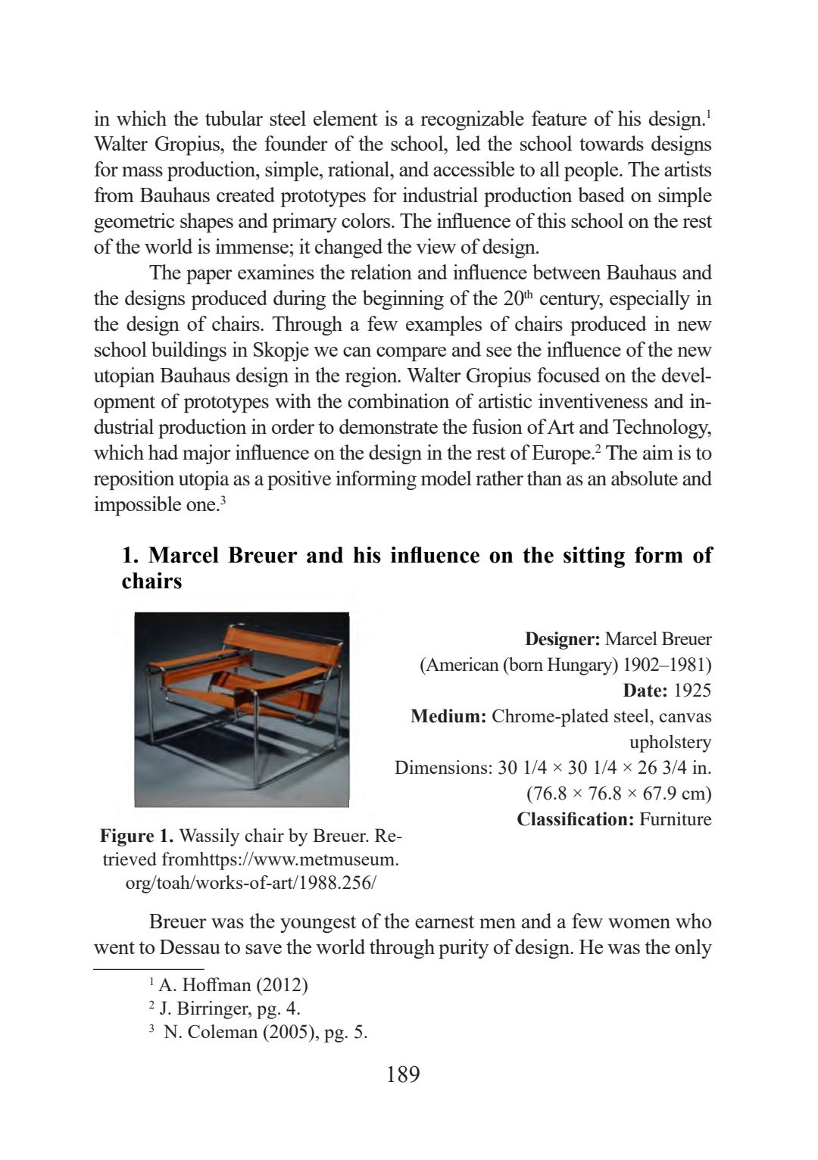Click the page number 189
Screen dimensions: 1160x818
coord(402,1074)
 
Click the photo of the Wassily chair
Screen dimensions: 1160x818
coord(242,709)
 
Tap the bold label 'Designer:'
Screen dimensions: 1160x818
coord(562,639)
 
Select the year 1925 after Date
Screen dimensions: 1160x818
coord(692,691)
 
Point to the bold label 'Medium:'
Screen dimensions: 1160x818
coord(448,716)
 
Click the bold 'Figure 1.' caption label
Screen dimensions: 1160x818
coord(137,836)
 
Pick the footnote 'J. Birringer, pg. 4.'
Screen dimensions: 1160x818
coord(230,1009)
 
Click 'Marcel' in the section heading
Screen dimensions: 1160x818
coord(186,556)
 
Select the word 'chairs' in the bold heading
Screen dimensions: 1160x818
coord(151,582)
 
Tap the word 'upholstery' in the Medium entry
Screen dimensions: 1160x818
coord(670,742)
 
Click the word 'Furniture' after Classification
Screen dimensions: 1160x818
coord(675,819)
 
